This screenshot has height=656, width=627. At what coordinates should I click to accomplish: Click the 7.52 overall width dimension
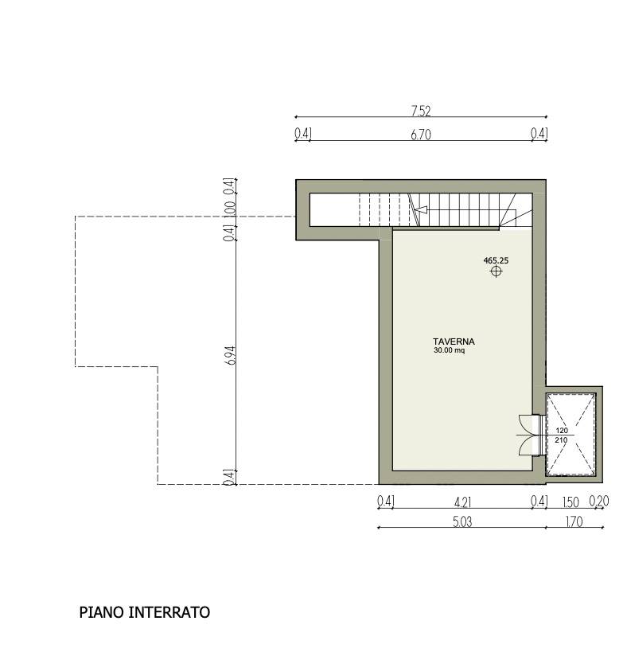421,111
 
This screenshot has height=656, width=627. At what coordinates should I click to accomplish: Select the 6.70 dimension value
421,135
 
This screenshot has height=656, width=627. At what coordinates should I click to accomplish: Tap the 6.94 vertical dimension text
230,355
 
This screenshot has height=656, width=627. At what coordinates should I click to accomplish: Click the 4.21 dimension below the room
463,502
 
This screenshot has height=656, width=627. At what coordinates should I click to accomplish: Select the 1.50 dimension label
571,502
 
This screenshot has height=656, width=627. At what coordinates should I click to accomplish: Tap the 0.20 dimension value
598,502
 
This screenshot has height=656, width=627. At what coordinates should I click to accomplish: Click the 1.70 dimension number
573,522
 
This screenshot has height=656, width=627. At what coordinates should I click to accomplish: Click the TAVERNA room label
454,342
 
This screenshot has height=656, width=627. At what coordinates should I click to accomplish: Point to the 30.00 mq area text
449,350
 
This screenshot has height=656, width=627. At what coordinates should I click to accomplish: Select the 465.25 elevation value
496,260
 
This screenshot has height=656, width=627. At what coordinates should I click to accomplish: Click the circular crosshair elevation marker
496,271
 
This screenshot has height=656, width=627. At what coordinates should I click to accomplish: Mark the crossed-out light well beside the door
571,435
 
